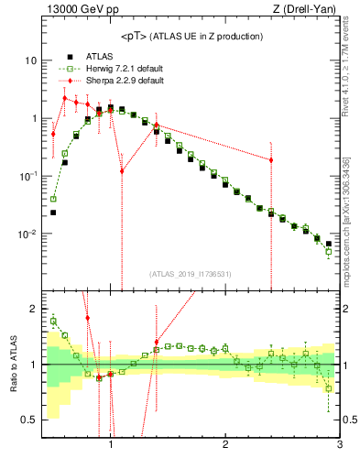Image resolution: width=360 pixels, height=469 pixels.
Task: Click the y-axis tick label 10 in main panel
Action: (30, 60)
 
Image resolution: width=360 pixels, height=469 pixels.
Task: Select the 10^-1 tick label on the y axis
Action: (27, 175)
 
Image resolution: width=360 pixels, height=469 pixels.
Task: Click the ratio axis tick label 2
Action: (32, 309)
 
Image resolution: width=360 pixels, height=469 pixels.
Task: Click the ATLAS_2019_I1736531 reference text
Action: (191, 274)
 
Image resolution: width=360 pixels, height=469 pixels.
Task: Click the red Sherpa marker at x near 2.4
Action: (271, 160)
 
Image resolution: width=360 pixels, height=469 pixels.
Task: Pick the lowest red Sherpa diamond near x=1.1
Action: (122, 171)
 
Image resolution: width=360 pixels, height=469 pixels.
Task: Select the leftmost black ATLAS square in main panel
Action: (53, 213)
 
